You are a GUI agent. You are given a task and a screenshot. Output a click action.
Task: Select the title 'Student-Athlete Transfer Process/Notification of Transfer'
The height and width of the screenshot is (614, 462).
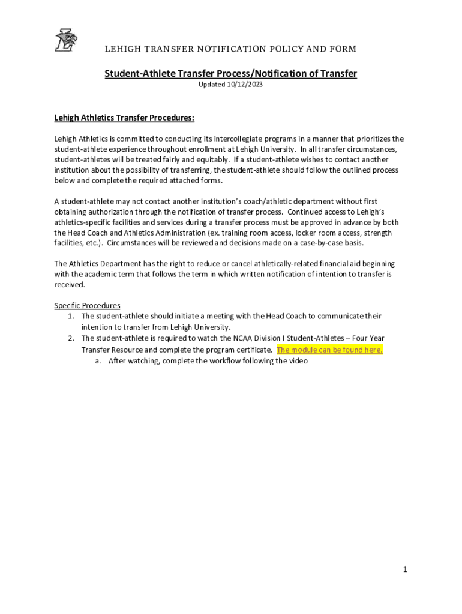point(231,73)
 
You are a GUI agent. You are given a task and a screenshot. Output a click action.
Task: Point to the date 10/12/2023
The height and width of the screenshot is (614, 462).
point(244,85)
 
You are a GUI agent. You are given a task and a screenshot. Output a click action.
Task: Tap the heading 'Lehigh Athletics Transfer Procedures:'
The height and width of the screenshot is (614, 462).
point(124,118)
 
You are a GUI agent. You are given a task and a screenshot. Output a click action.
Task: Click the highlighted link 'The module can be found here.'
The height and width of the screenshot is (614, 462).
point(329,350)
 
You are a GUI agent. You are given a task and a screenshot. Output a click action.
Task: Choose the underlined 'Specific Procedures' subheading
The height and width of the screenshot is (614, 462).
point(87,305)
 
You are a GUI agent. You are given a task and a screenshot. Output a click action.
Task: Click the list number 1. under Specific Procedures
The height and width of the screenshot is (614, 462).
point(71,316)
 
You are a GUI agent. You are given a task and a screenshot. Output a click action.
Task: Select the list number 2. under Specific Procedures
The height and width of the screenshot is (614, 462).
point(71,338)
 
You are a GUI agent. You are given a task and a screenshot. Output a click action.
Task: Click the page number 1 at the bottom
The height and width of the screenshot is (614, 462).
point(406,570)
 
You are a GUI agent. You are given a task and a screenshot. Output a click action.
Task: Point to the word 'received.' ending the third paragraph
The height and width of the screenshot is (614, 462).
point(70,285)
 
